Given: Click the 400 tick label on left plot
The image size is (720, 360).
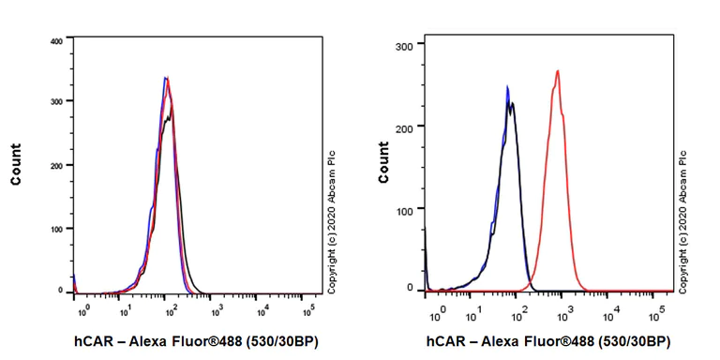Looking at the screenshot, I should (55, 41).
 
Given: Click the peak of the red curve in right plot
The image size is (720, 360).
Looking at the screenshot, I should (558, 70).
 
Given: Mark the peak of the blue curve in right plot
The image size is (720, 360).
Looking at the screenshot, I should (507, 87).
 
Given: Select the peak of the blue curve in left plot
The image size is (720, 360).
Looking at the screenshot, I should (165, 78).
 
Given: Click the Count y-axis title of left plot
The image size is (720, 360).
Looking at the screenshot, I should (16, 163).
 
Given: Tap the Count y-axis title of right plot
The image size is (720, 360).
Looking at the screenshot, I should (383, 162).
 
